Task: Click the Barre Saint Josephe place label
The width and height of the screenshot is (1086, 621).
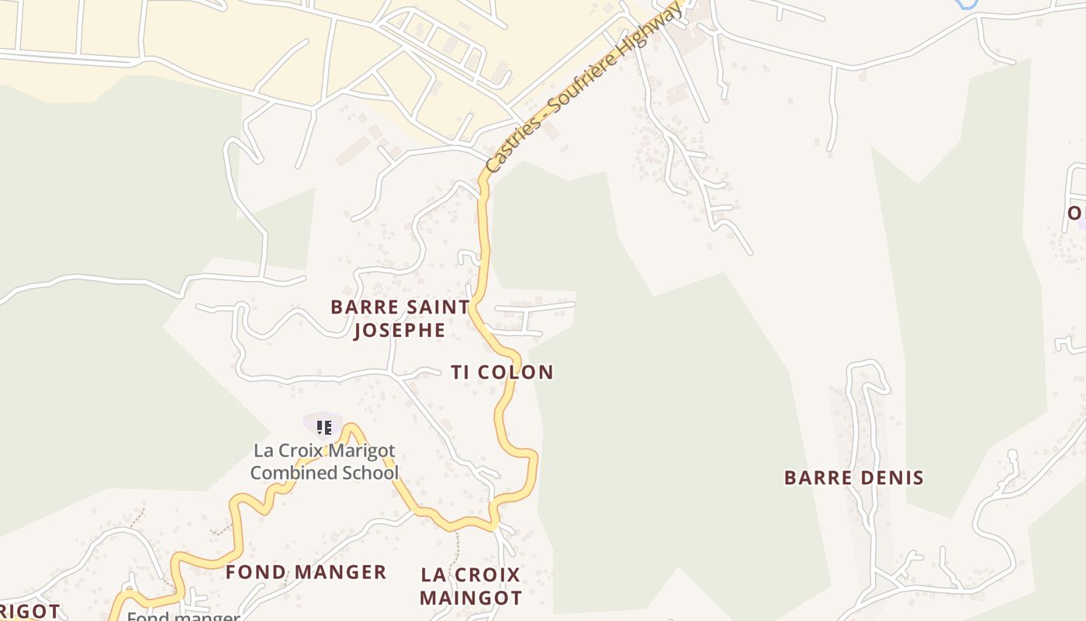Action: coord(400,318)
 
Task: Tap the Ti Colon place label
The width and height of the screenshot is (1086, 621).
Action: coord(503,372)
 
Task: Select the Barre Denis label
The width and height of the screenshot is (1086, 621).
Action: coord(853,477)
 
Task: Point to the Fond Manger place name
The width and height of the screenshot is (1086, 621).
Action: coord(306,572)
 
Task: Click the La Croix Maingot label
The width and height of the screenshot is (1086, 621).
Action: coord(470,586)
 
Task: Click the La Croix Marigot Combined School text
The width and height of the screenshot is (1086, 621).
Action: coord(324,462)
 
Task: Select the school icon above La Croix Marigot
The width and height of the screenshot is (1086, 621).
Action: coord(324,427)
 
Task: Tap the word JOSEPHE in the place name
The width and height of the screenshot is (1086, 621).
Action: coord(399,331)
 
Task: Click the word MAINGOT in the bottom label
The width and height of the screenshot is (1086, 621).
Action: coord(470,598)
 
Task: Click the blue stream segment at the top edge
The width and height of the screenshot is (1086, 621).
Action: coord(967,4)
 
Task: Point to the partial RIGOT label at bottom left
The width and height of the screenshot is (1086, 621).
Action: coord(29,611)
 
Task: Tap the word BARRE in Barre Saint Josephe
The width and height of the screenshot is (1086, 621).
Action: coord(358,307)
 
